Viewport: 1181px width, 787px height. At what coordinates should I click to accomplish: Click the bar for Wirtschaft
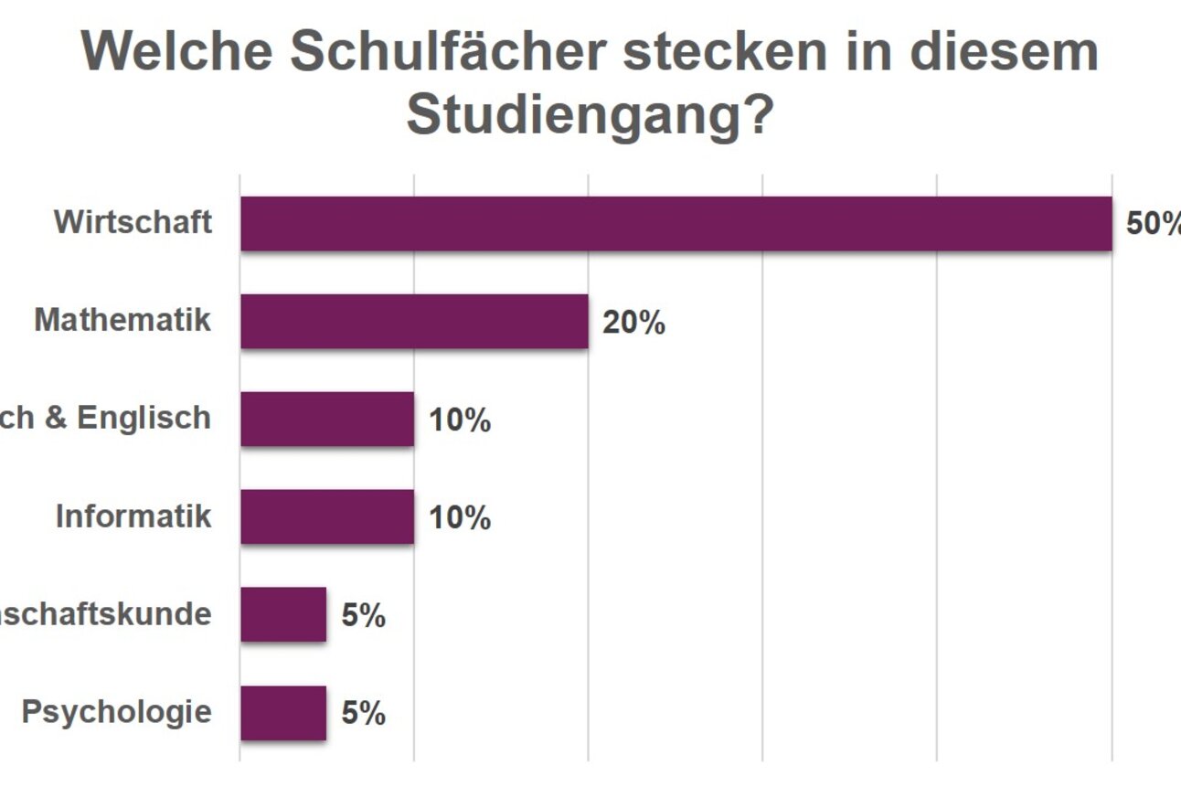[x=676, y=224]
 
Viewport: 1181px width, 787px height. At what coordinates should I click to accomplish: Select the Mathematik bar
[x=414, y=322]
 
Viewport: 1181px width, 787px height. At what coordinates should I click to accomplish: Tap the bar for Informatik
[x=327, y=517]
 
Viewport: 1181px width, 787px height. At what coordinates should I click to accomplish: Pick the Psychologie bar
[x=283, y=713]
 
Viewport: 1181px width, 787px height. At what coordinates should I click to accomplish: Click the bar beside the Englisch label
[x=327, y=420]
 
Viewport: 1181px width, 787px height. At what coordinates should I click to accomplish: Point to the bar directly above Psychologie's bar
[x=283, y=615]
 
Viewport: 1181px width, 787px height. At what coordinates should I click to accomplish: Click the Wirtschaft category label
[x=133, y=222]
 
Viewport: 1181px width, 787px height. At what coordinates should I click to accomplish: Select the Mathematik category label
[x=122, y=320]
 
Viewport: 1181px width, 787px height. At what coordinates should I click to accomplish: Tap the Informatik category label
[x=133, y=516]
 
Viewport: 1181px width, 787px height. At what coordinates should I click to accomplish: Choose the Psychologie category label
[x=116, y=712]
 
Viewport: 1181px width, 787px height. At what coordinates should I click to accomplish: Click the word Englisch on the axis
[x=144, y=418]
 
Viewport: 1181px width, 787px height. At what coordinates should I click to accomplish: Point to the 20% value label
[x=633, y=323]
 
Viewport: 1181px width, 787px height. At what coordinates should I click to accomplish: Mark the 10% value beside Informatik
[x=460, y=518]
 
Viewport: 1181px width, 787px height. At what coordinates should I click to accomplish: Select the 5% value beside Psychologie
[x=363, y=714]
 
